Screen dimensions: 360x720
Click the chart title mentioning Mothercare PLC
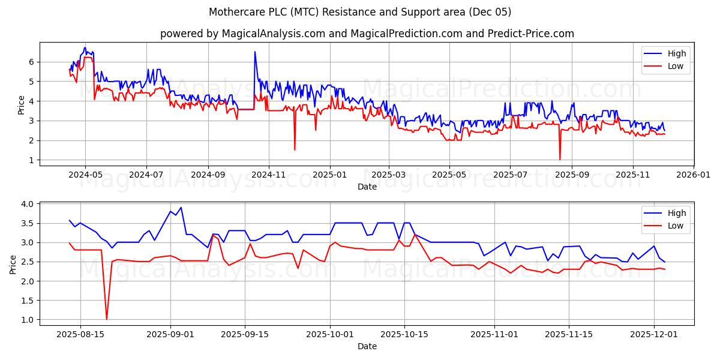pyautogui.click(x=360, y=12)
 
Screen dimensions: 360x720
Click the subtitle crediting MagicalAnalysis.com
pyautogui.click(x=367, y=34)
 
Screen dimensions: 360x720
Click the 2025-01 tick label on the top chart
pyautogui.click(x=329, y=174)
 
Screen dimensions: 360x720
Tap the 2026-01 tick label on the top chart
pyautogui.click(x=694, y=174)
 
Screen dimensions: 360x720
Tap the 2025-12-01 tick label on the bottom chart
pyautogui.click(x=653, y=334)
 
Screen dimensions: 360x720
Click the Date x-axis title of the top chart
pyautogui.click(x=367, y=187)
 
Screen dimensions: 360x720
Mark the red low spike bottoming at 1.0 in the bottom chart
pyautogui.click(x=107, y=319)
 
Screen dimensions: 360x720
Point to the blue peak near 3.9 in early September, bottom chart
pyautogui.click(x=181, y=208)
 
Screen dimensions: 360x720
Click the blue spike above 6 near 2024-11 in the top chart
pyautogui.click(x=254, y=52)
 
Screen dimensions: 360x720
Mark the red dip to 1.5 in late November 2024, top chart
pyautogui.click(x=295, y=149)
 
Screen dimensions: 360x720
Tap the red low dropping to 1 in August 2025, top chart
pyautogui.click(x=560, y=159)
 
